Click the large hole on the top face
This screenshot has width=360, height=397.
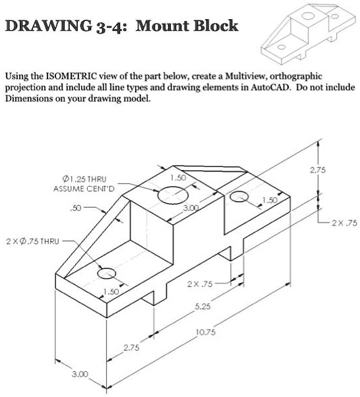point(172,195)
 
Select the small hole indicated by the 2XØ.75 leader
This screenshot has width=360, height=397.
point(105,273)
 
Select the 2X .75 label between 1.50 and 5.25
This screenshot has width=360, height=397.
point(200,285)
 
